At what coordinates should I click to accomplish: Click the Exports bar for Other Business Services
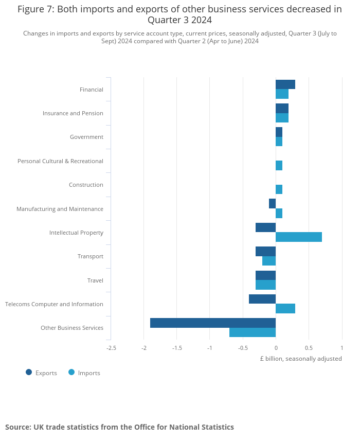pyautogui.click(x=213, y=323)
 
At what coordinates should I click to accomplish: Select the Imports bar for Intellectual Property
pyautogui.click(x=299, y=237)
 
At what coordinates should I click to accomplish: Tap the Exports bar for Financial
pyautogui.click(x=285, y=84)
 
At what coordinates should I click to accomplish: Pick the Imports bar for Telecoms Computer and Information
pyautogui.click(x=285, y=308)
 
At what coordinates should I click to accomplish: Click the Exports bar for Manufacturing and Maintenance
pyautogui.click(x=272, y=203)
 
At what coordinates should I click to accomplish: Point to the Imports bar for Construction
pyautogui.click(x=279, y=189)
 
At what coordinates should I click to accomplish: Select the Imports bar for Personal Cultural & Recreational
pyautogui.click(x=279, y=165)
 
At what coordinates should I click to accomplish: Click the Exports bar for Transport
pyautogui.click(x=265, y=251)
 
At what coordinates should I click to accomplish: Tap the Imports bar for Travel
pyautogui.click(x=265, y=285)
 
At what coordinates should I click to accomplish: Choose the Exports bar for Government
pyautogui.click(x=279, y=132)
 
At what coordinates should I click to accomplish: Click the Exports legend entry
pyautogui.click(x=41, y=373)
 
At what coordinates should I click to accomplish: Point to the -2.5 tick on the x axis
pyautogui.click(x=111, y=348)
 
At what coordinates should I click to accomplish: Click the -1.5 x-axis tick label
pyautogui.click(x=177, y=348)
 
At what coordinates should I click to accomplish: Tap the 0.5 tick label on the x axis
pyautogui.click(x=309, y=348)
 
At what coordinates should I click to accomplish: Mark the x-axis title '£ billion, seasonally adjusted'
pyautogui.click(x=300, y=359)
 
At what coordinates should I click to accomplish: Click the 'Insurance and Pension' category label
pyautogui.click(x=73, y=113)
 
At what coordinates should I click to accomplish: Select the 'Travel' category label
pyautogui.click(x=95, y=280)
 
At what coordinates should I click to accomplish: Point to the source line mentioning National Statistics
pyautogui.click(x=119, y=427)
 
